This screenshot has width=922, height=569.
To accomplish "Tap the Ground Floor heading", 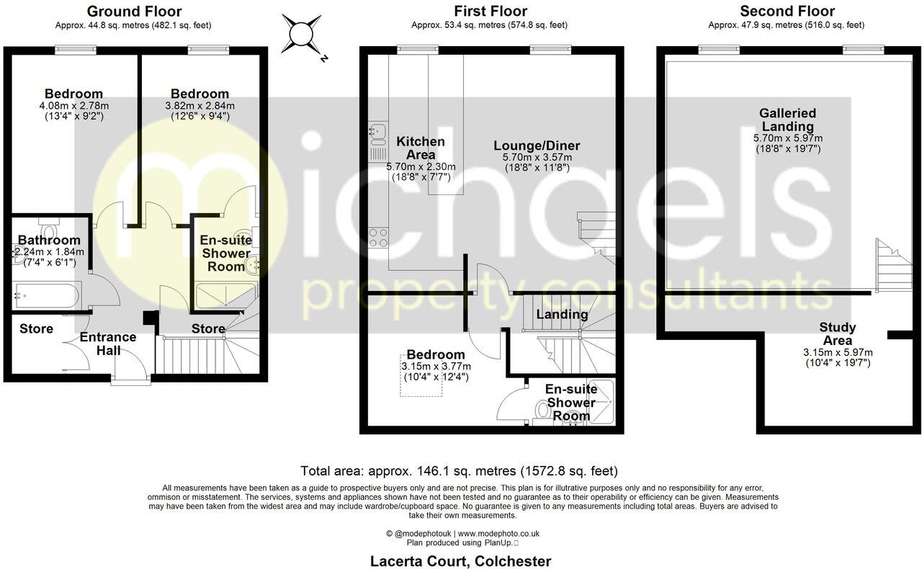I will coord(134,12).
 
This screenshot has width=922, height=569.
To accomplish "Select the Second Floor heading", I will coord(787,12).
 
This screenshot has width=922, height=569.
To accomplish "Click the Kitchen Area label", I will coord(421,148).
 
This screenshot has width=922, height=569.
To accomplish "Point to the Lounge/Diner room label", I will coord(537,145).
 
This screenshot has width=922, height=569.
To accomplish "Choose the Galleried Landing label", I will coord(787,120).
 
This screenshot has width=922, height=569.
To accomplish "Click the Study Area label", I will coord(837,334).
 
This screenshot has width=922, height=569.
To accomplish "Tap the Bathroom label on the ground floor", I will coord(49,240).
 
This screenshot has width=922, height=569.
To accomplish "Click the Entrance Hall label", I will coord(108,344).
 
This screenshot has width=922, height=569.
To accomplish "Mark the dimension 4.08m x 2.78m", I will coord(73,106).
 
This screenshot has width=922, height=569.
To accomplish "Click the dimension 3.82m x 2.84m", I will coord(200,106).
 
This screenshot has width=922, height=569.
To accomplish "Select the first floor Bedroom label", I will coord(435,354).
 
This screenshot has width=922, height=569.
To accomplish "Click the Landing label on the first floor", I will coord(562,314).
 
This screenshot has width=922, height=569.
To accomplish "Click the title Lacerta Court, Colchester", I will coord(460,561).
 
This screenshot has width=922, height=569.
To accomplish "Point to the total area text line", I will coord(459,472).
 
